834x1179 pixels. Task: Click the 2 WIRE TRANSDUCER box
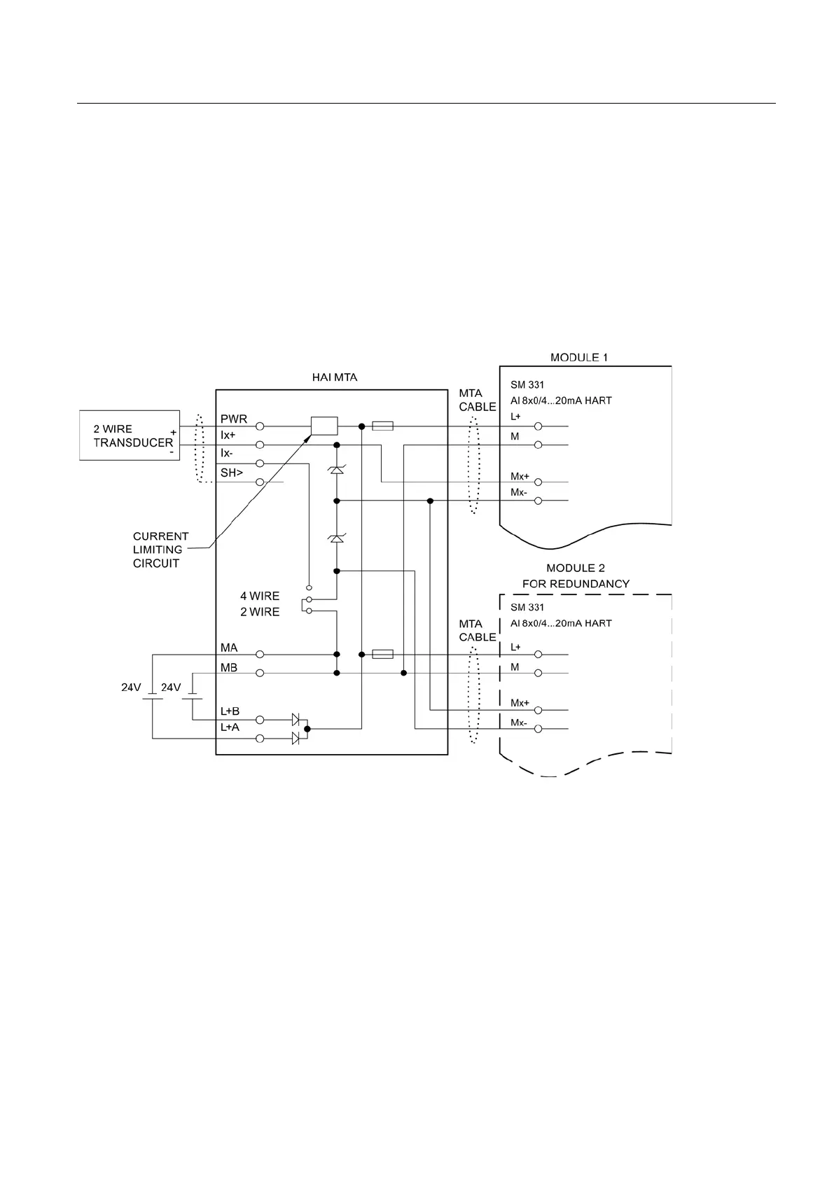click(130, 435)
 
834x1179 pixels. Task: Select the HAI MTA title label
click(334, 377)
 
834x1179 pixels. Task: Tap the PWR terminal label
click(234, 419)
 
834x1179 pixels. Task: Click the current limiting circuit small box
click(324, 426)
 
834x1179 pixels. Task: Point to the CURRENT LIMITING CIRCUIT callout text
click(160, 550)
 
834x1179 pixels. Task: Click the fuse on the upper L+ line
click(382, 426)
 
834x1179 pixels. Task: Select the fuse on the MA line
click(382, 654)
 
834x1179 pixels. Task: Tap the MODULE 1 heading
click(579, 357)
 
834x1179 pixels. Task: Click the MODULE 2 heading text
click(576, 568)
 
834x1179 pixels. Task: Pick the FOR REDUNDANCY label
click(576, 583)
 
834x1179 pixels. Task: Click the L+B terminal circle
click(260, 719)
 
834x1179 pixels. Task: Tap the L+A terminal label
click(230, 727)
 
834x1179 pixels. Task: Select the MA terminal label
click(229, 648)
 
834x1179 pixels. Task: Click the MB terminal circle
click(260, 673)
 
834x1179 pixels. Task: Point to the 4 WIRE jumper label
click(260, 596)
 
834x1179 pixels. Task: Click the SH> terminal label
click(232, 473)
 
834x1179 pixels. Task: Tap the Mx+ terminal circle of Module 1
click(538, 482)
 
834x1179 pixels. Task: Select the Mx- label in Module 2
click(519, 723)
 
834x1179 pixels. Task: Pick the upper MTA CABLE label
click(478, 400)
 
